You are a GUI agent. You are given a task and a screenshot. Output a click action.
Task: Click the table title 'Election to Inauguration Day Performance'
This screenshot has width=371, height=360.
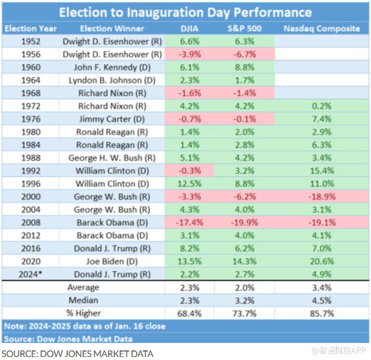pos(185,13)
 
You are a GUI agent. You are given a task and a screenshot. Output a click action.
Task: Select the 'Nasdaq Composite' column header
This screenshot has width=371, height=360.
pos(321,29)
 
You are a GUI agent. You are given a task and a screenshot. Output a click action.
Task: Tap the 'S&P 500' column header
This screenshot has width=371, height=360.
pos(244,29)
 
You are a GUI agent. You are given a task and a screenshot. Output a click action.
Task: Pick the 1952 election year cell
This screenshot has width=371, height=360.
pos(31,41)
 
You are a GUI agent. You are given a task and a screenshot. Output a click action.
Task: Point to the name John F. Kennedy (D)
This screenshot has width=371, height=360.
pos(112,67)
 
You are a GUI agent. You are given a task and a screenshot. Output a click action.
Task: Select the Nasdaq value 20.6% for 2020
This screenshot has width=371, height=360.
pos(321,261)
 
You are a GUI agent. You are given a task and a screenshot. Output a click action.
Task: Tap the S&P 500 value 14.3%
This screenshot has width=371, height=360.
pos(244,261)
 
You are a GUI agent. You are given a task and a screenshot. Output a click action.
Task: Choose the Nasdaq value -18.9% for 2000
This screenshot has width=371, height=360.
pos(321,197)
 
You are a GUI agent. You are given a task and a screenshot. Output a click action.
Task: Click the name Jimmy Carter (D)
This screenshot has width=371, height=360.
pos(112,119)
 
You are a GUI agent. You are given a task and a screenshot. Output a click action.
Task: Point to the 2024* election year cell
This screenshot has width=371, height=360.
pos(31,274)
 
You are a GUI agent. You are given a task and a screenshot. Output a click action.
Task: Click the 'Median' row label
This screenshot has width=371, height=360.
pos(83,300)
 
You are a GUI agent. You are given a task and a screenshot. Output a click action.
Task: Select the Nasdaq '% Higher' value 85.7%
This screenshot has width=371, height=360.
pos(321,313)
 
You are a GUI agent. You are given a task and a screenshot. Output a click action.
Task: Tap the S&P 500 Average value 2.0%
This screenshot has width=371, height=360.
pos(244,287)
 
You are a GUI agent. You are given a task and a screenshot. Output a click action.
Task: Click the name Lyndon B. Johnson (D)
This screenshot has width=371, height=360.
pos(112,80)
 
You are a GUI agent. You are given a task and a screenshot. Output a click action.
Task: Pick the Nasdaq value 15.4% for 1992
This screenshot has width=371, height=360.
pos(321,170)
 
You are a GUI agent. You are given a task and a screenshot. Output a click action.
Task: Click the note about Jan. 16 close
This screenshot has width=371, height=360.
pos(85,326)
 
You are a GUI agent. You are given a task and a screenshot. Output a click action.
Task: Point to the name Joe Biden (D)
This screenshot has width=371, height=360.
pos(112,261)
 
